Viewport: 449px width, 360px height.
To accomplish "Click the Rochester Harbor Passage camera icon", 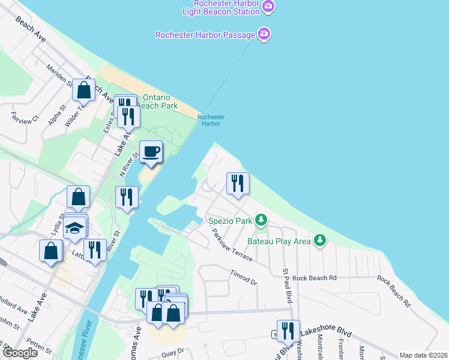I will click(x=264, y=34).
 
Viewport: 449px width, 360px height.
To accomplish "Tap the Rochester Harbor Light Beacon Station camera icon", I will click(x=269, y=7).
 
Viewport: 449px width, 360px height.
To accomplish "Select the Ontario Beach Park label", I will click(x=158, y=101).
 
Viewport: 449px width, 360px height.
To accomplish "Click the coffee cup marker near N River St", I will click(x=151, y=152).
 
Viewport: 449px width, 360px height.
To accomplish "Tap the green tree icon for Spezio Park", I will click(x=261, y=220).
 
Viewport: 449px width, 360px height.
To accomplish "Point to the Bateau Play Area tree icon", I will click(x=321, y=241).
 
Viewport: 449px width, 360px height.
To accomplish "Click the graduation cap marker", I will click(x=75, y=229).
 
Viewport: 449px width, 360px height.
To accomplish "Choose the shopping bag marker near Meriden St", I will click(x=84, y=91).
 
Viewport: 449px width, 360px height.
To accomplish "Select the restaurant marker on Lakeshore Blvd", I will click(x=289, y=330).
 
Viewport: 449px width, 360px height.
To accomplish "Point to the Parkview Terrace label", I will click(x=231, y=246).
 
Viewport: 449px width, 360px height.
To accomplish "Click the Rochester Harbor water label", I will click(x=211, y=120).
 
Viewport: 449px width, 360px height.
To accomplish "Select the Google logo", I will click(x=20, y=353).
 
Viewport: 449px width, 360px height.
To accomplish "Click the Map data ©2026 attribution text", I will click(x=423, y=355).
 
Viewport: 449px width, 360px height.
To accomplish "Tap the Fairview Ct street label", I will click(x=25, y=115).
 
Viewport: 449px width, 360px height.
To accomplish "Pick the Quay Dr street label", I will click(x=172, y=355).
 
